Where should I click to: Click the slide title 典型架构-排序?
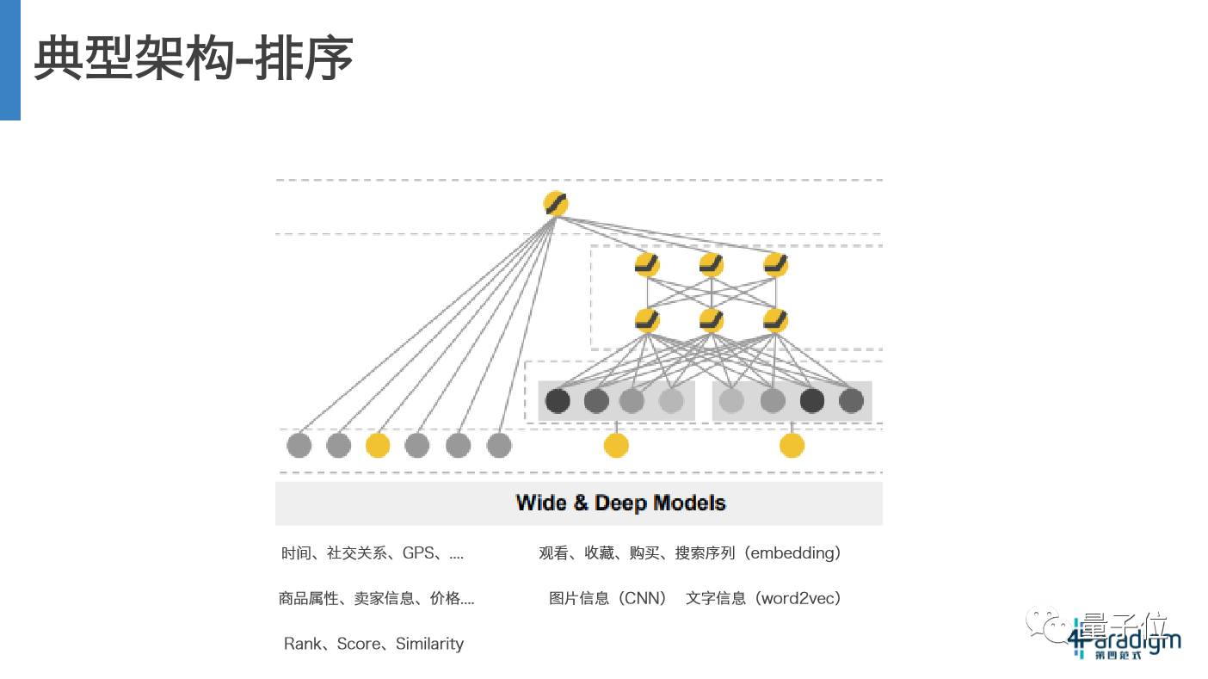[194, 59]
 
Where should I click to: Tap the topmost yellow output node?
[556, 204]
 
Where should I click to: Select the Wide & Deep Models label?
[620, 503]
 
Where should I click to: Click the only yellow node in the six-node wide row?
[378, 445]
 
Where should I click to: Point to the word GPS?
[418, 553]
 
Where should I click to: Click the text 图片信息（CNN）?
[608, 598]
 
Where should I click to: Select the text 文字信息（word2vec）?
[763, 598]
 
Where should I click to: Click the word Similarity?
[429, 644]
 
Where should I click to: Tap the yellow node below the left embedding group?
[616, 445]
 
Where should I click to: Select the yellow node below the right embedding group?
[792, 445]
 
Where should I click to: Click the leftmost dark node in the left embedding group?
[558, 400]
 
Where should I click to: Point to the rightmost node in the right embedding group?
[851, 400]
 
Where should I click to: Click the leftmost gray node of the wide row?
[299, 445]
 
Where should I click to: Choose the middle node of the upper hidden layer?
[712, 264]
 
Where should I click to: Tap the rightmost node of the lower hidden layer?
[775, 320]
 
